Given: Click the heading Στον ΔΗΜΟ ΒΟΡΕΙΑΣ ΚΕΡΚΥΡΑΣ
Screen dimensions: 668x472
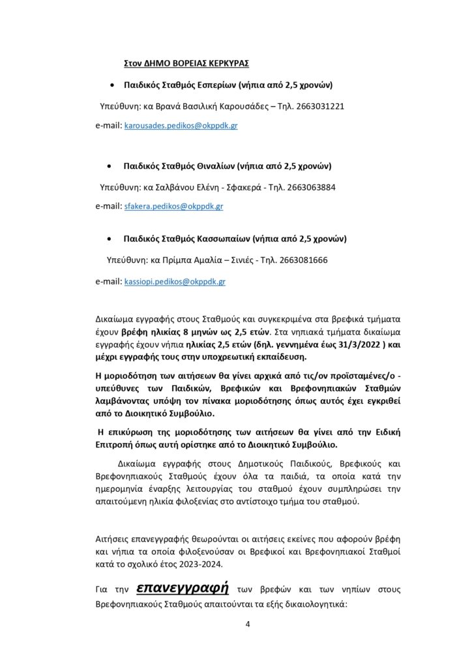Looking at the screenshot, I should tap(186, 65).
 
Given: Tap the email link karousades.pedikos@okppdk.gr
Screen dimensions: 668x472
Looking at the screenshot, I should tap(181, 125).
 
